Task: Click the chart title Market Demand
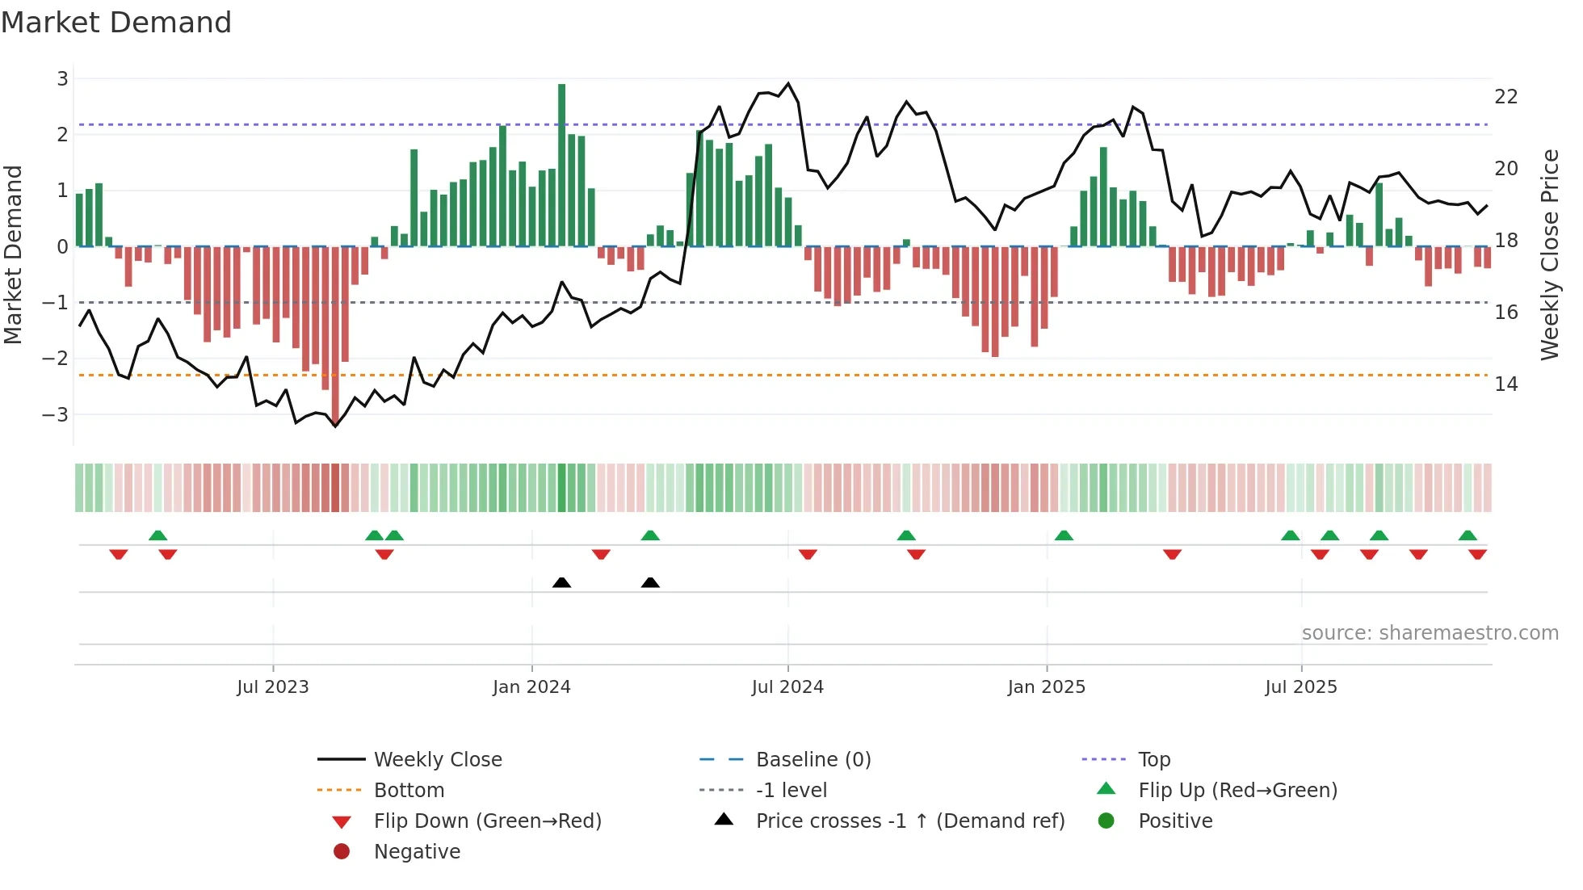point(116,23)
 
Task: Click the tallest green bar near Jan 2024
point(561,165)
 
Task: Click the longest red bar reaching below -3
point(335,331)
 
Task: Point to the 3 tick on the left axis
point(62,79)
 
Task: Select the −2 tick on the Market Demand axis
point(57,359)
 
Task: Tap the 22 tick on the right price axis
point(1505,97)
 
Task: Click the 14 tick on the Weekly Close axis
point(1505,384)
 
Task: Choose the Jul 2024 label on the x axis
point(787,687)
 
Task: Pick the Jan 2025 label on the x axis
point(1046,687)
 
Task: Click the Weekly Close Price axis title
point(1549,254)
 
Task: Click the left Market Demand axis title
point(13,254)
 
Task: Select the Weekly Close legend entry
point(437,760)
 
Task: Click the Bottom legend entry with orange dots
point(409,791)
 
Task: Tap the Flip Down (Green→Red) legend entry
point(487,821)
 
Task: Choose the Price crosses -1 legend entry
point(909,821)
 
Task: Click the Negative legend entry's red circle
point(342,852)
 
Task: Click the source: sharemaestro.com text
point(1430,633)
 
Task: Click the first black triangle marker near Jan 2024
point(561,582)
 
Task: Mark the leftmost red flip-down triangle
point(119,554)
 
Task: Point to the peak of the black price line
point(788,83)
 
